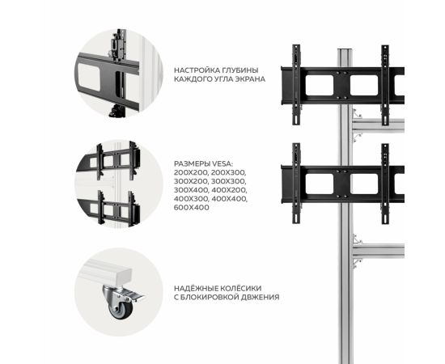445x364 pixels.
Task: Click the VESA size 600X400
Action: (192, 207)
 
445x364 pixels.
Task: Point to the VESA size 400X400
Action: (230, 199)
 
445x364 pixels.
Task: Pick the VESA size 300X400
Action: (192, 190)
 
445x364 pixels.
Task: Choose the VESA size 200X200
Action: (192, 172)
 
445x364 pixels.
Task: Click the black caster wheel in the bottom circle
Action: (121, 310)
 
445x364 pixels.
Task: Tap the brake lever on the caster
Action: (133, 295)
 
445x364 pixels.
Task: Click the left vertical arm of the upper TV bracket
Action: (296, 85)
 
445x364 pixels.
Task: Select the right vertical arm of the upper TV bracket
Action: (385, 85)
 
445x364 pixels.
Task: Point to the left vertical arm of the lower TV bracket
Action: (296, 184)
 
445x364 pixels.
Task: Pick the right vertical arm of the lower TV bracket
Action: (385, 184)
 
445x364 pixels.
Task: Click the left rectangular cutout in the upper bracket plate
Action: (320, 85)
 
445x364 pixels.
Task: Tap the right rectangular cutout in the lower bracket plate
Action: (364, 184)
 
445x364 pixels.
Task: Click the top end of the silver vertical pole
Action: (345, 50)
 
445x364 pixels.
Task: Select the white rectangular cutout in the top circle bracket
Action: (89, 77)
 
